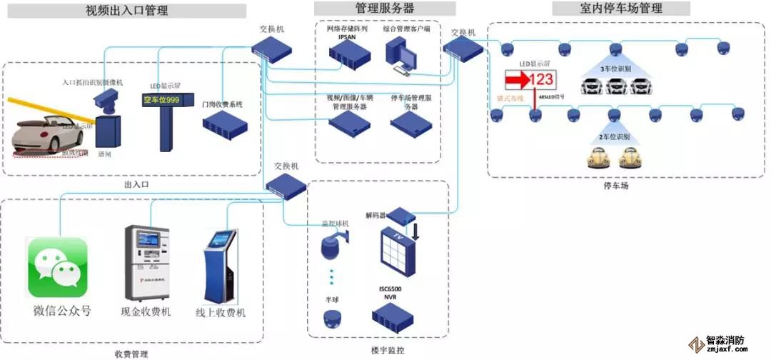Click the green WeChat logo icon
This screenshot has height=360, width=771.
coord(58,267)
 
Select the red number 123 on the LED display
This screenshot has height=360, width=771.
coord(540,79)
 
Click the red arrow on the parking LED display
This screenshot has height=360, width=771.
coord(516,79)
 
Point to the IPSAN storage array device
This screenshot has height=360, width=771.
coord(348,54)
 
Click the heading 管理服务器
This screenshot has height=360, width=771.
coord(385,9)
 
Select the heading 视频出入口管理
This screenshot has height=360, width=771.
coord(126,11)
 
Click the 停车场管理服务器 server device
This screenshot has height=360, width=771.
coord(410,123)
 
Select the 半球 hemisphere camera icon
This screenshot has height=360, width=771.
coord(331,319)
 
